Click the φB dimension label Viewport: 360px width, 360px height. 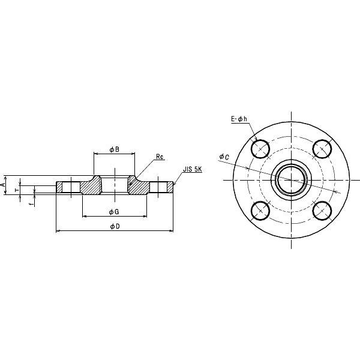[114, 148]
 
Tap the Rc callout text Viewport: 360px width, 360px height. [160, 157]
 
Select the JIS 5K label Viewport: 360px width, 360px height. [193, 170]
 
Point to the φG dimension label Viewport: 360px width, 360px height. [113, 212]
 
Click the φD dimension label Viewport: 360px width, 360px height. [114, 226]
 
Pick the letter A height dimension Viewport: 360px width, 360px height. [5, 187]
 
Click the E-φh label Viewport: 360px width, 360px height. [239, 120]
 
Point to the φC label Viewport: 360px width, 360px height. [223, 157]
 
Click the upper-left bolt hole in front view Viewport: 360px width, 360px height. [260, 148]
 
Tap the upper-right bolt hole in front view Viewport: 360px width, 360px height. [322, 148]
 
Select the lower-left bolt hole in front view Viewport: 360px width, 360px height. [260, 209]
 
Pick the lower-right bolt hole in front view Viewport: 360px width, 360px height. [322, 209]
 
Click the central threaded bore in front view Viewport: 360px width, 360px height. [291, 179]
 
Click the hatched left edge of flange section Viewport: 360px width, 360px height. [59, 187]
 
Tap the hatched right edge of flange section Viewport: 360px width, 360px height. [169, 187]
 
